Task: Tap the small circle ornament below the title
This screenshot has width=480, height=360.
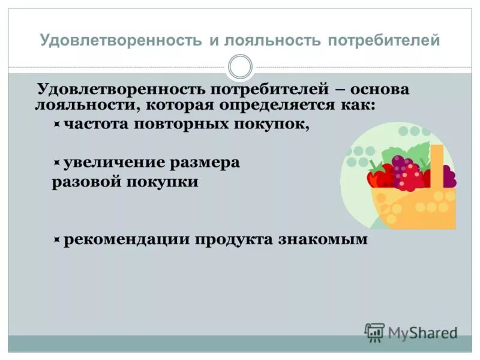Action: pos(241,67)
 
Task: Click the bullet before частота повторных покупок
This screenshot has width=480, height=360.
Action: pos(56,125)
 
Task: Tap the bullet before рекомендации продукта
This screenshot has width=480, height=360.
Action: pos(56,240)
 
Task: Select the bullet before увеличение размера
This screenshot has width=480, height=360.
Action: pos(56,163)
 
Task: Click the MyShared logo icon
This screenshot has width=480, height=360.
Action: pos(374,332)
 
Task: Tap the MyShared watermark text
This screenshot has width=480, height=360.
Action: pos(423,332)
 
